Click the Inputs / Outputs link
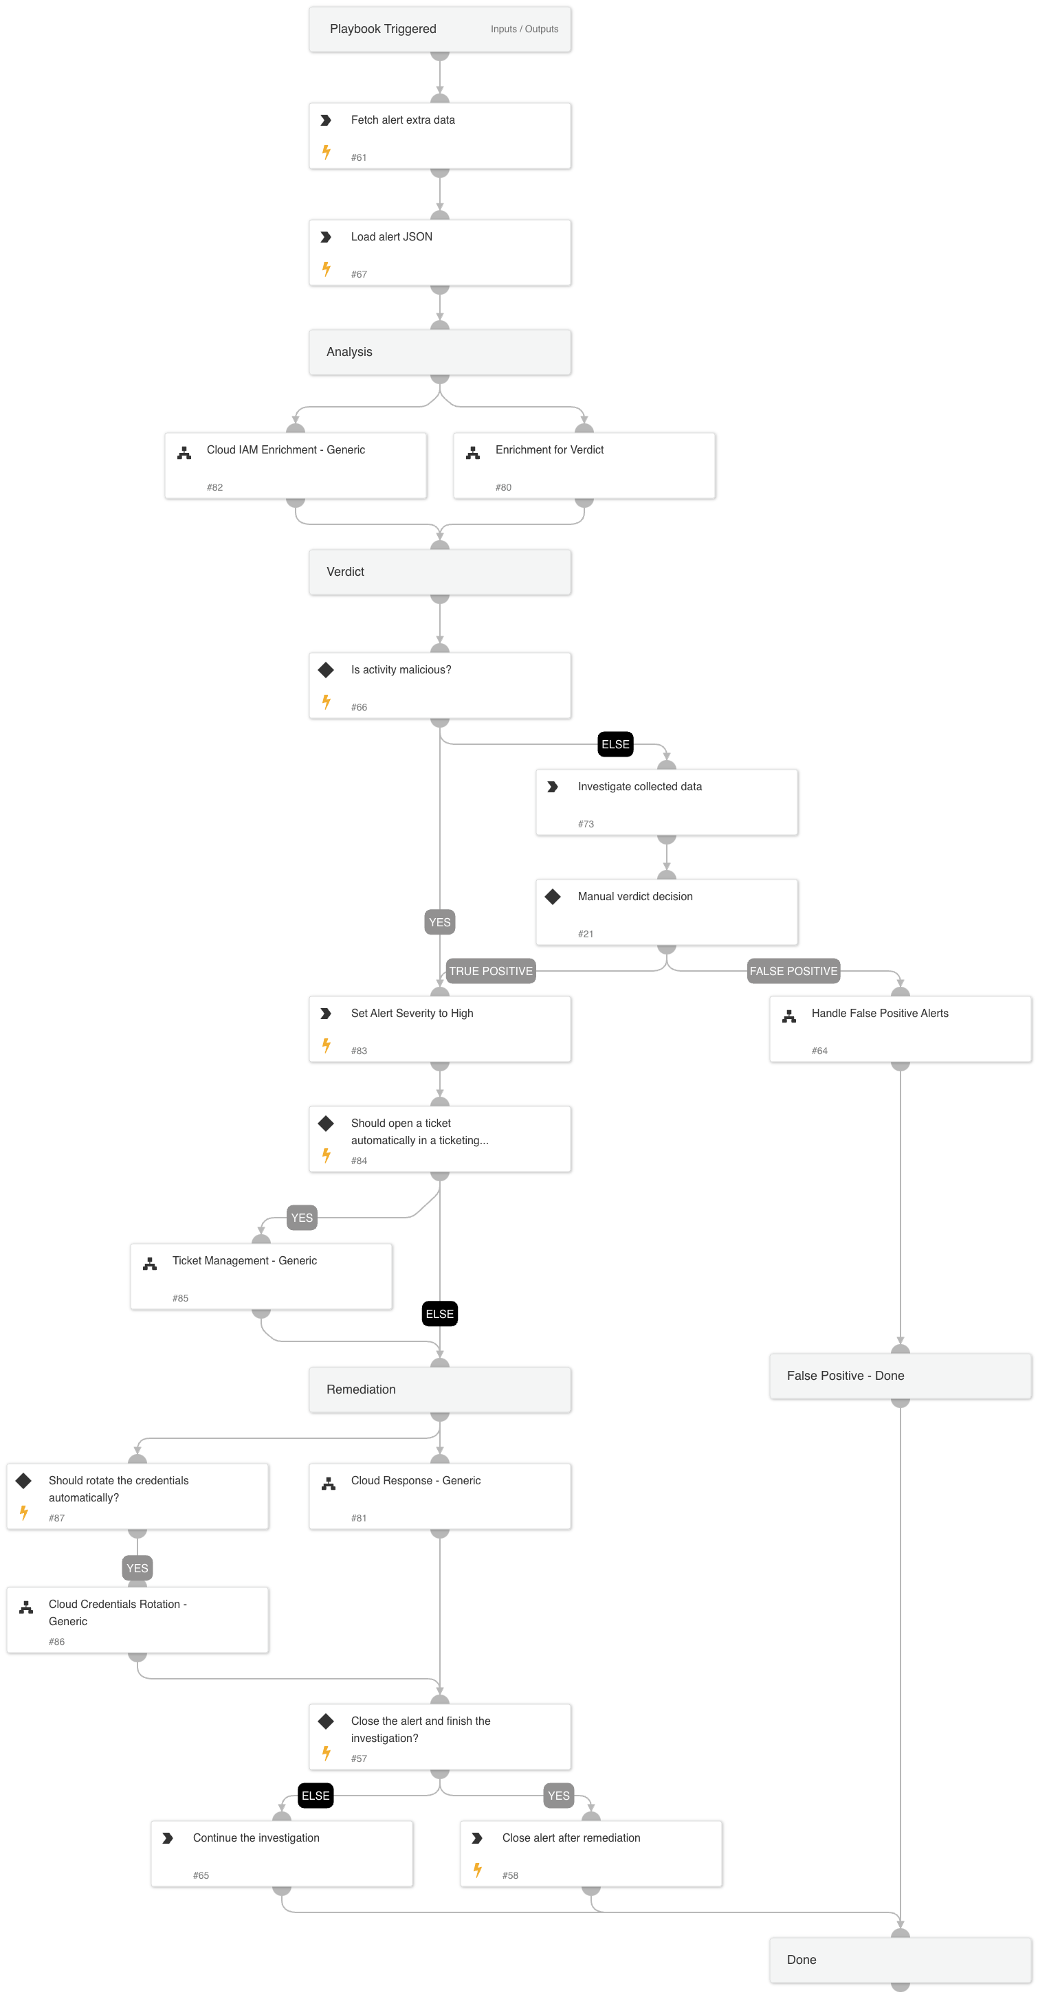click(524, 30)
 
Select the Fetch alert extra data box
click(439, 136)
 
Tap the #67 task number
click(359, 275)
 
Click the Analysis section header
click(439, 353)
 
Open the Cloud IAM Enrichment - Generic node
click(295, 466)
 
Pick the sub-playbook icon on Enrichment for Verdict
click(473, 453)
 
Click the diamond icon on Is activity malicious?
click(326, 670)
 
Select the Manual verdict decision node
click(666, 912)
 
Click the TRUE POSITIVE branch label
click(491, 971)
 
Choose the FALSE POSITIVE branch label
click(793, 971)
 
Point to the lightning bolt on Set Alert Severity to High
click(327, 1045)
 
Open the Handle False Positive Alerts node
click(900, 1029)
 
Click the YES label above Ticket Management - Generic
click(302, 1218)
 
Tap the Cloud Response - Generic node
click(439, 1496)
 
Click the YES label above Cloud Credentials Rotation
click(137, 1568)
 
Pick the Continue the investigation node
click(282, 1854)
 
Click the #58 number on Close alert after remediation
click(510, 1875)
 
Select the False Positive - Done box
click(900, 1376)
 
